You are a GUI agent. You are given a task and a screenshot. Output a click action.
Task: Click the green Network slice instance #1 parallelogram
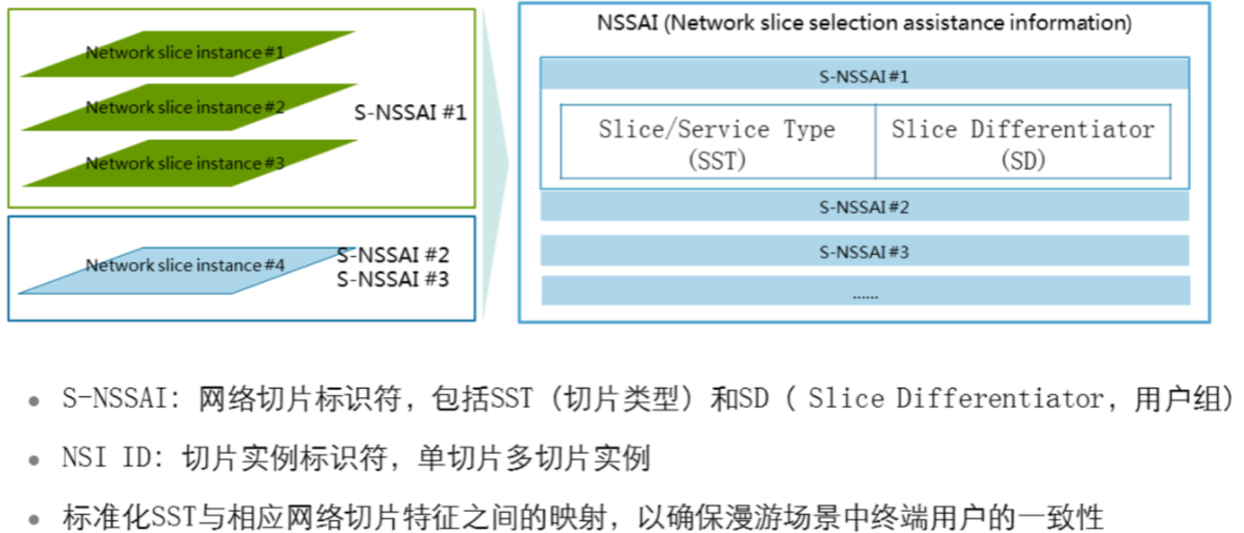185,53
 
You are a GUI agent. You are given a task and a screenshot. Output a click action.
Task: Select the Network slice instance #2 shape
185,108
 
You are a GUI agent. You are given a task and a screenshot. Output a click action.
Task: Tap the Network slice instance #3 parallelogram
185,164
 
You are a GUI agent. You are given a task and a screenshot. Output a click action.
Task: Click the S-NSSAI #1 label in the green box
410,112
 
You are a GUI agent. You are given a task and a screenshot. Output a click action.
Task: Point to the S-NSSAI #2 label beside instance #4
393,255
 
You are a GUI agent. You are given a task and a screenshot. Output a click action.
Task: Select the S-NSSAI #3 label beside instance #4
393,279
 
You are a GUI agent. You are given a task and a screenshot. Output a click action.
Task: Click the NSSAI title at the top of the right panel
864,23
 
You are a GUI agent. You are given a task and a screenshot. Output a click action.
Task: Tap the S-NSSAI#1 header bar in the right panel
864,76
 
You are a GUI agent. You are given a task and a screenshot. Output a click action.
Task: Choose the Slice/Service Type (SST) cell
717,143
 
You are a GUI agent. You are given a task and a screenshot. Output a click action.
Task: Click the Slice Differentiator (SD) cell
1023,143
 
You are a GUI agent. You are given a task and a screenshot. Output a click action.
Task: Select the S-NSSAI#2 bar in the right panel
864,207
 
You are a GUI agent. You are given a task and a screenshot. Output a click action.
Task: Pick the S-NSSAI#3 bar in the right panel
864,252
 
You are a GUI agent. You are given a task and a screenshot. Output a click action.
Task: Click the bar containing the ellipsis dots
865,291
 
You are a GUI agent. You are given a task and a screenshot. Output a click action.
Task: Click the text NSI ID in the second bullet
107,458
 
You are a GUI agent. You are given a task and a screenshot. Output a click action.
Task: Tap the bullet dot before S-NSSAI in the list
34,402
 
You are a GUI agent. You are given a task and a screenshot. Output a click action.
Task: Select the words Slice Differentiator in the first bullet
956,399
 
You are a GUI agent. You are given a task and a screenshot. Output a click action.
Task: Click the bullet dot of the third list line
34,520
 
